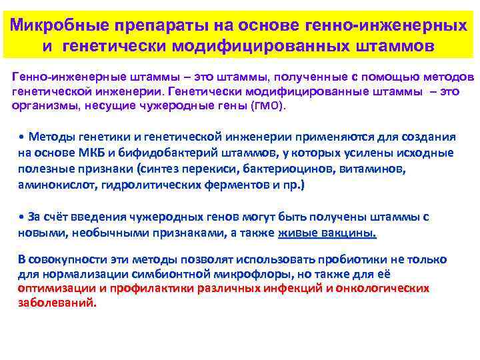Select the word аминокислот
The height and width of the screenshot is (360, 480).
click(x=57, y=185)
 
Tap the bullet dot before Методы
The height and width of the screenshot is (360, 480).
click(x=21, y=137)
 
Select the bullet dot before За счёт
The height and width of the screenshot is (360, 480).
click(x=21, y=217)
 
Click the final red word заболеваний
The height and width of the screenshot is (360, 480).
click(x=57, y=303)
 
